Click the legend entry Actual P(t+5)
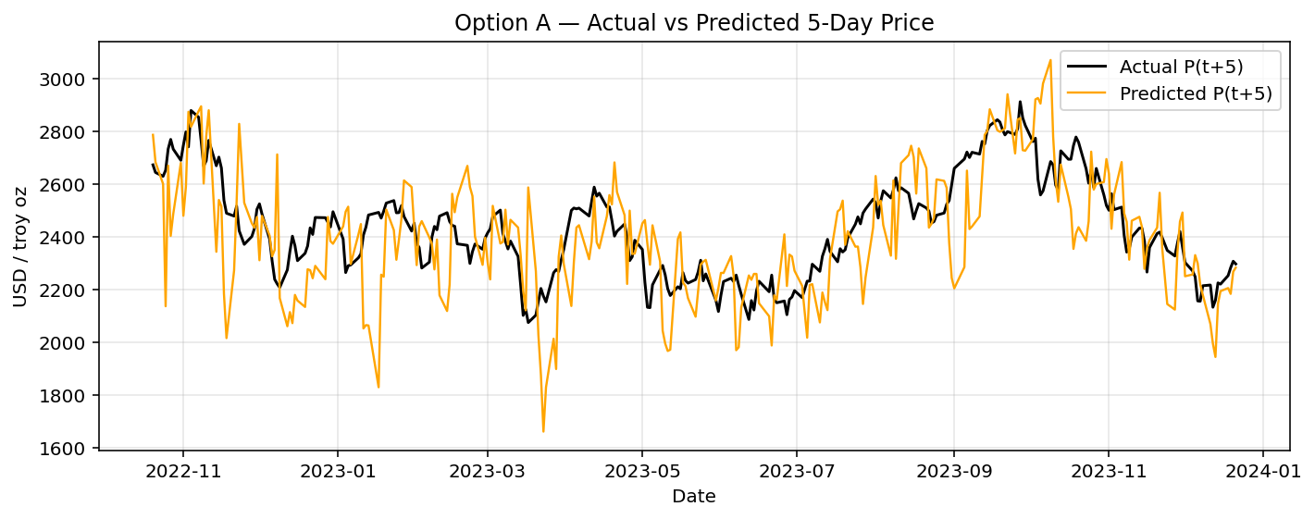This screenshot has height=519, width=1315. click(x=1181, y=67)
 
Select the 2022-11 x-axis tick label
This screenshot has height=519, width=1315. click(x=183, y=470)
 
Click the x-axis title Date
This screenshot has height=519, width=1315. click(x=694, y=497)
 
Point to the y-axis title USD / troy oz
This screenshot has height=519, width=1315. click(x=20, y=244)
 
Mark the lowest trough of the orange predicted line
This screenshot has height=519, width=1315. click(x=543, y=431)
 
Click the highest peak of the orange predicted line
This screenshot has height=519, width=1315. click(x=1049, y=60)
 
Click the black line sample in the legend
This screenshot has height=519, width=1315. click(x=1088, y=67)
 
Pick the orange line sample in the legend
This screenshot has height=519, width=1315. click(x=1088, y=93)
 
